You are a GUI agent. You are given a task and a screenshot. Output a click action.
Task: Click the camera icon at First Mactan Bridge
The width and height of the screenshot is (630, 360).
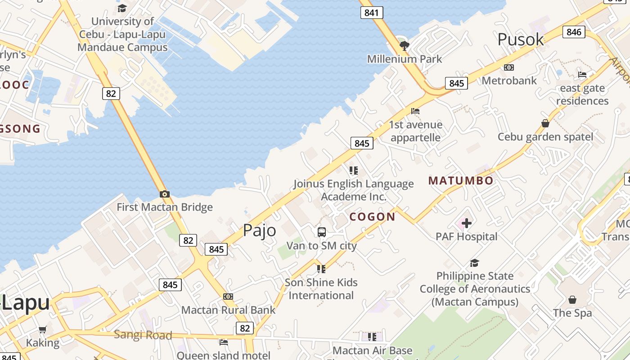point(165,194)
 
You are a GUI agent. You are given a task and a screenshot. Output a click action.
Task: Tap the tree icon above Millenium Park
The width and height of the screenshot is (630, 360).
point(405,45)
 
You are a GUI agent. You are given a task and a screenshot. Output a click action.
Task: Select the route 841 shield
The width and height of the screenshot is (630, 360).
point(372,13)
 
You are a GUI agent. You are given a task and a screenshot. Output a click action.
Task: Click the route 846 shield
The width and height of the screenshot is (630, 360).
point(574,31)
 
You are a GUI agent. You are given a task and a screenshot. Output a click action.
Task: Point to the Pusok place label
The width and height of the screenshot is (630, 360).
point(521,40)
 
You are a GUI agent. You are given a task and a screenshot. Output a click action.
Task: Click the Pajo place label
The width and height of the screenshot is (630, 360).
point(260,230)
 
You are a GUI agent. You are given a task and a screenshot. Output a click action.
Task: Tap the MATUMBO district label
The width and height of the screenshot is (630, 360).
point(461,181)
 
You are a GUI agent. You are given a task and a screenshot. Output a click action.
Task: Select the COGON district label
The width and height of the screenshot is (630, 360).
point(373,217)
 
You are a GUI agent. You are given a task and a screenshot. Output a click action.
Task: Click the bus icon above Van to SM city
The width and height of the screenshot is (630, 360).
point(322,232)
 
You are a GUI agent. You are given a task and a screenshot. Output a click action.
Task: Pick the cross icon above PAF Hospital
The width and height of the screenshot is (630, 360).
point(467,223)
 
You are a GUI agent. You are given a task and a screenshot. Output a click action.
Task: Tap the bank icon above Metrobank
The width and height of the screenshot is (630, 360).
point(509,67)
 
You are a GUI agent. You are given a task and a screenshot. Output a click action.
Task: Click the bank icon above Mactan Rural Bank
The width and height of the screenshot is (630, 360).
point(228,297)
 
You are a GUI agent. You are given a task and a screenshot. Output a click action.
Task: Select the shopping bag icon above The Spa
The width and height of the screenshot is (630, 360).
point(572,299)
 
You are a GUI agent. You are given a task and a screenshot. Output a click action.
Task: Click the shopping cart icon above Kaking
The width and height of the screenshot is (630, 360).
point(42,330)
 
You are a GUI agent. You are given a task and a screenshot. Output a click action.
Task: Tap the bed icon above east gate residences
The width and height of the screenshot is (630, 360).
point(582,74)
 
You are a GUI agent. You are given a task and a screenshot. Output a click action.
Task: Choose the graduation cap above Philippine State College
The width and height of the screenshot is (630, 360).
point(474,263)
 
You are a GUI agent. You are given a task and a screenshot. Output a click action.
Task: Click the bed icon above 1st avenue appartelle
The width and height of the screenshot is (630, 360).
point(415,111)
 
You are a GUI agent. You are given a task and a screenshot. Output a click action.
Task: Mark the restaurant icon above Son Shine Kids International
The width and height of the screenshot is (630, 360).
point(321,269)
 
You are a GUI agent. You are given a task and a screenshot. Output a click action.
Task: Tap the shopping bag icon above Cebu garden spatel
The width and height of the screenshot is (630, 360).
point(545,123)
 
